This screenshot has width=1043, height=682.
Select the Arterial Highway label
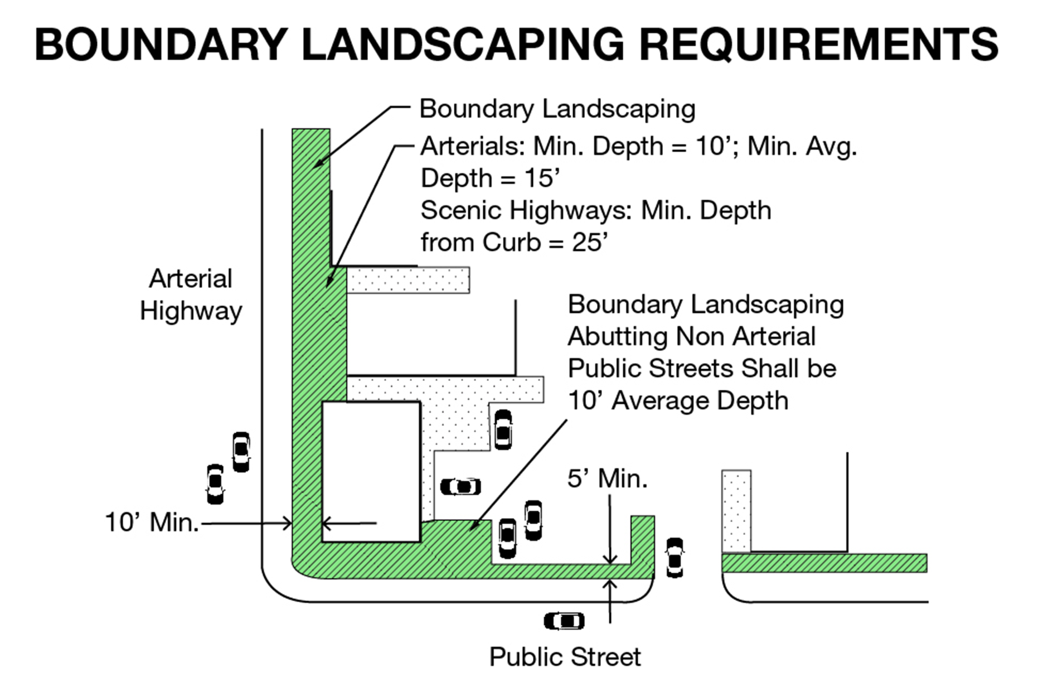click(191, 294)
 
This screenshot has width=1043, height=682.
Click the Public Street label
click(565, 657)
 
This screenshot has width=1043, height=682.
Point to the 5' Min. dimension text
click(607, 478)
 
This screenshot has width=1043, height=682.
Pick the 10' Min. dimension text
click(152, 523)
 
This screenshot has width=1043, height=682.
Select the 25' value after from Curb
click(590, 243)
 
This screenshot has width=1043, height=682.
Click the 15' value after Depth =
click(542, 178)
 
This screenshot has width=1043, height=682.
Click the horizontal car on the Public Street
click(564, 621)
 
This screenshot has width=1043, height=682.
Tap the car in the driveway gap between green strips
click(675, 557)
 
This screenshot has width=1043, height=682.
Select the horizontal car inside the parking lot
click(460, 487)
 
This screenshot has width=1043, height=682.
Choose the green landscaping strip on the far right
click(824, 563)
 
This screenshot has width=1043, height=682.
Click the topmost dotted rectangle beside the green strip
click(408, 279)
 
